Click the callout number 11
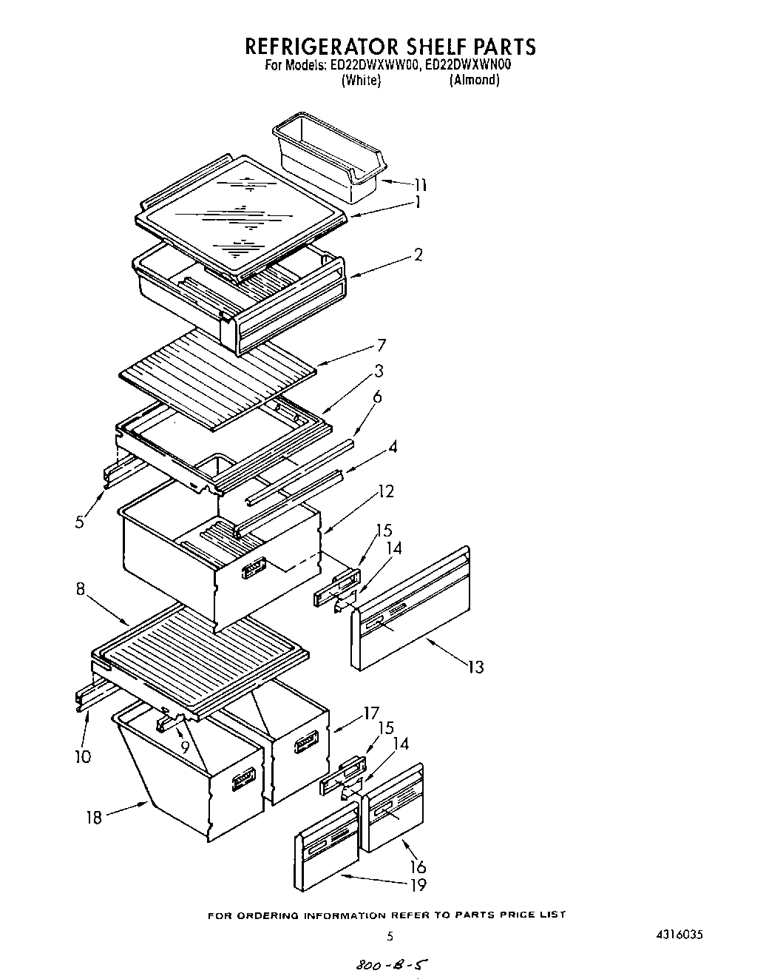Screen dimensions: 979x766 (419, 184)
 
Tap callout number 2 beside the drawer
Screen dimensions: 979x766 (418, 255)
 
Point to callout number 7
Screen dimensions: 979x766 (381, 345)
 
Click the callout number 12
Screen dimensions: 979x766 (385, 491)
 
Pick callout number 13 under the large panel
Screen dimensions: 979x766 (475, 667)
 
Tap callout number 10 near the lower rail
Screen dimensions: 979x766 (83, 756)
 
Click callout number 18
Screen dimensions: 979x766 (94, 818)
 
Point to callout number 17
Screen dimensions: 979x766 (370, 716)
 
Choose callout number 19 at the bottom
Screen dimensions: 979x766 (418, 884)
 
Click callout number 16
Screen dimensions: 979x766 (418, 867)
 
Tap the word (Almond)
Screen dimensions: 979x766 (474, 80)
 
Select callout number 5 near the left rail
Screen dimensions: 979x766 (79, 521)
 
